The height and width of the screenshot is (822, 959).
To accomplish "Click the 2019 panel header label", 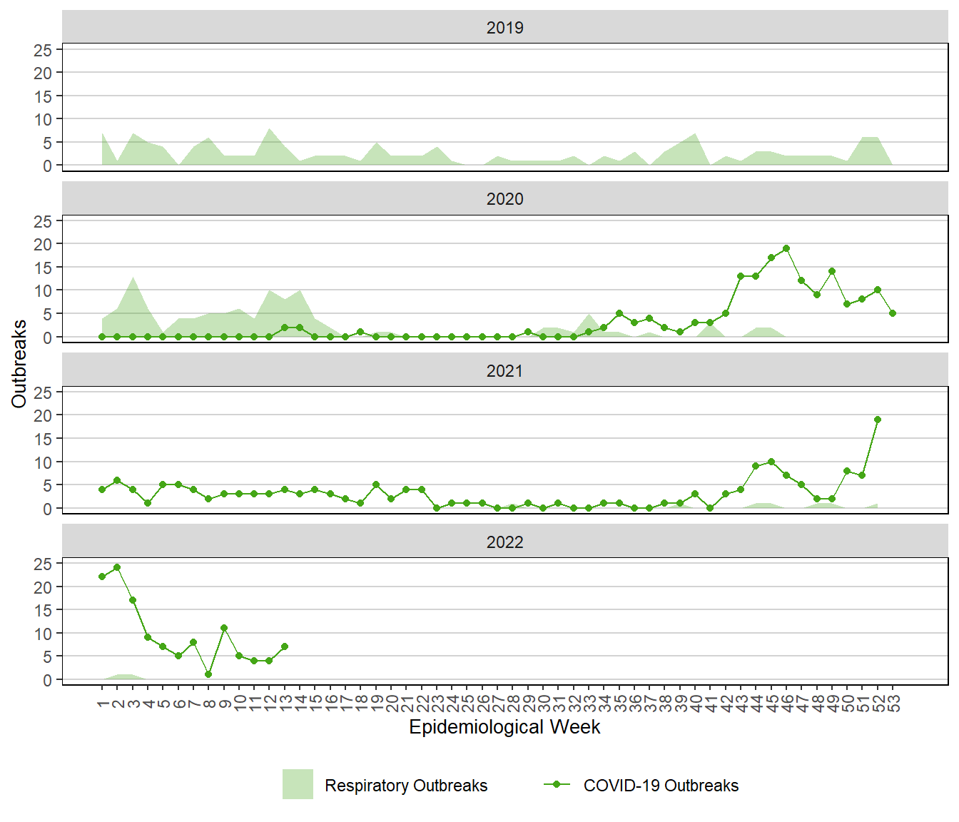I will coord(504,28).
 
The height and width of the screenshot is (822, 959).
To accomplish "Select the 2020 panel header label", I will coord(504,199).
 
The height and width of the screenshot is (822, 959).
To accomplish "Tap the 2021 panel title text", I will coord(504,371).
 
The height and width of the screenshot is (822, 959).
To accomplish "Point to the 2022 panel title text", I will coord(504,542).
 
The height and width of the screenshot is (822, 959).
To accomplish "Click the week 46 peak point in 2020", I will coord(786,248).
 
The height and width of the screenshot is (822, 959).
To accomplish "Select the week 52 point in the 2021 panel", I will coord(878,420).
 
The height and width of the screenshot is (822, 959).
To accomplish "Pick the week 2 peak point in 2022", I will coord(117,567).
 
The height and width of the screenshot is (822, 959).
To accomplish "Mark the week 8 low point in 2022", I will coord(208,674).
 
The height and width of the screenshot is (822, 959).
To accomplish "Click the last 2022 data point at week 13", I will coord(285,646).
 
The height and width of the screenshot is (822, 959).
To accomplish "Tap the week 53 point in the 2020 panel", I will coord(893,313).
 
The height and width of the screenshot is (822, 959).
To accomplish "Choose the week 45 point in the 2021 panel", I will coord(771,462).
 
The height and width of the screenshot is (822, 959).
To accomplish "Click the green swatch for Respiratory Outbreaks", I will coord(298,784).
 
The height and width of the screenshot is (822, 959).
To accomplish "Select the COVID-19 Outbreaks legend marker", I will coord(557,784).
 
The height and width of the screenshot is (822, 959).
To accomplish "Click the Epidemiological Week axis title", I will coord(504,727).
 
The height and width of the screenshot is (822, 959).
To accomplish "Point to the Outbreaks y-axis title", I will coord(19,364).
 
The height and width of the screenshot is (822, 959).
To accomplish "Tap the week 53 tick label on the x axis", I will coord(893,704).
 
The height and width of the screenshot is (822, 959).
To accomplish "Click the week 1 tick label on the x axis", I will coord(102,704).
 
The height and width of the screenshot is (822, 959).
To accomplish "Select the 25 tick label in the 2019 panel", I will coord(43,50).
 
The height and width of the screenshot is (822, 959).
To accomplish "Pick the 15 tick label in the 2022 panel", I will coord(43,611).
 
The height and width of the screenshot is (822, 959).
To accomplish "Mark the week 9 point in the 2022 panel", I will coord(224,628).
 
